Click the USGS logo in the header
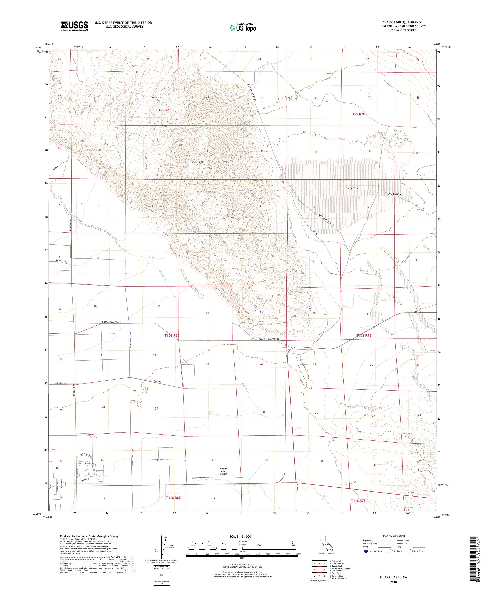click(x=74, y=26)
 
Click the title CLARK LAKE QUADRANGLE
click(x=403, y=22)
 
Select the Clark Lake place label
click(x=352, y=188)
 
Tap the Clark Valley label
click(x=395, y=194)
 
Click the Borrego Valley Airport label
click(x=223, y=471)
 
